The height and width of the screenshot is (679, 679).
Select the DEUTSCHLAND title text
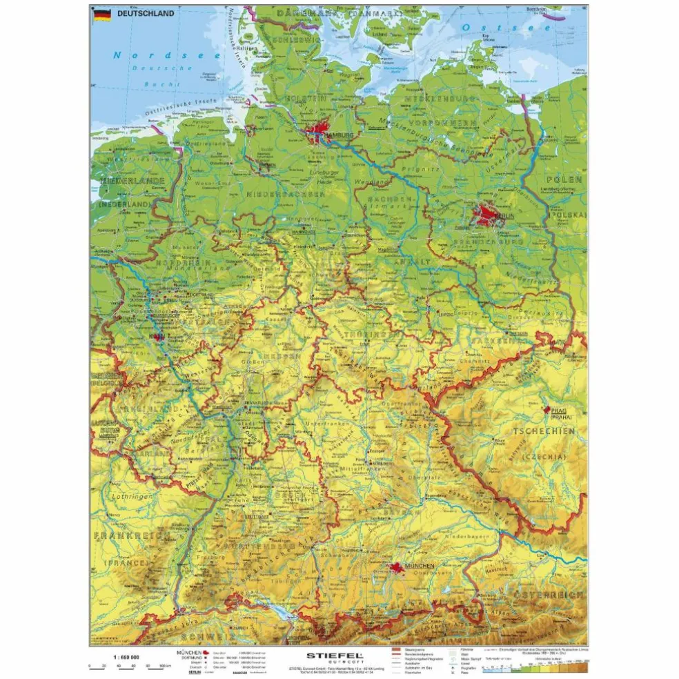(145, 13)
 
